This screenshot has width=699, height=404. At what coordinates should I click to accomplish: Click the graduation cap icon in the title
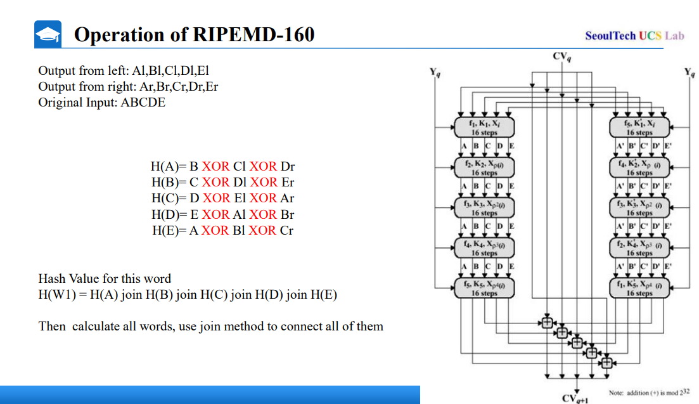pyautogui.click(x=48, y=34)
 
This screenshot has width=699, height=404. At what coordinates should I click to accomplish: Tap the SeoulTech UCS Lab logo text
pyautogui.click(x=634, y=36)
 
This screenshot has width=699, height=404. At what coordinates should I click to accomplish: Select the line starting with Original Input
pyautogui.click(x=101, y=103)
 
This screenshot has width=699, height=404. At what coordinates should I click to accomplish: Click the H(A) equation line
pyautogui.click(x=222, y=167)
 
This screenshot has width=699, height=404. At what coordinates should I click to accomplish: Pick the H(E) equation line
pyautogui.click(x=222, y=230)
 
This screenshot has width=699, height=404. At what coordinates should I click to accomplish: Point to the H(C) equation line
pyautogui.click(x=222, y=199)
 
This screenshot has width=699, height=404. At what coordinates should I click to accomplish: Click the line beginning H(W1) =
pyautogui.click(x=188, y=295)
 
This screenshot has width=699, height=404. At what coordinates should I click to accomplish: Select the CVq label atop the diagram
pyautogui.click(x=561, y=56)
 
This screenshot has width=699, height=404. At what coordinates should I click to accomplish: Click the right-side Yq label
pyautogui.click(x=689, y=72)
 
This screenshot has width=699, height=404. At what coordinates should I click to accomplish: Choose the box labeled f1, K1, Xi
pyautogui.click(x=484, y=127)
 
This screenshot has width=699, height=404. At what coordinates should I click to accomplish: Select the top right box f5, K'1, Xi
pyautogui.click(x=639, y=127)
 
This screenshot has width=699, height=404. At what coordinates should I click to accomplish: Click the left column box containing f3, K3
pyautogui.click(x=484, y=207)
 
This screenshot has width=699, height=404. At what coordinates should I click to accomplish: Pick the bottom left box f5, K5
pyautogui.click(x=484, y=287)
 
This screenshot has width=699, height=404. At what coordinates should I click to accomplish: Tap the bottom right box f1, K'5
pyautogui.click(x=639, y=287)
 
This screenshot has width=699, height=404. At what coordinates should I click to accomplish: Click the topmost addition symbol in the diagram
pyautogui.click(x=547, y=322)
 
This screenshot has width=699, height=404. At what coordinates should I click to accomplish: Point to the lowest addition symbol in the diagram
pyautogui.click(x=606, y=363)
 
